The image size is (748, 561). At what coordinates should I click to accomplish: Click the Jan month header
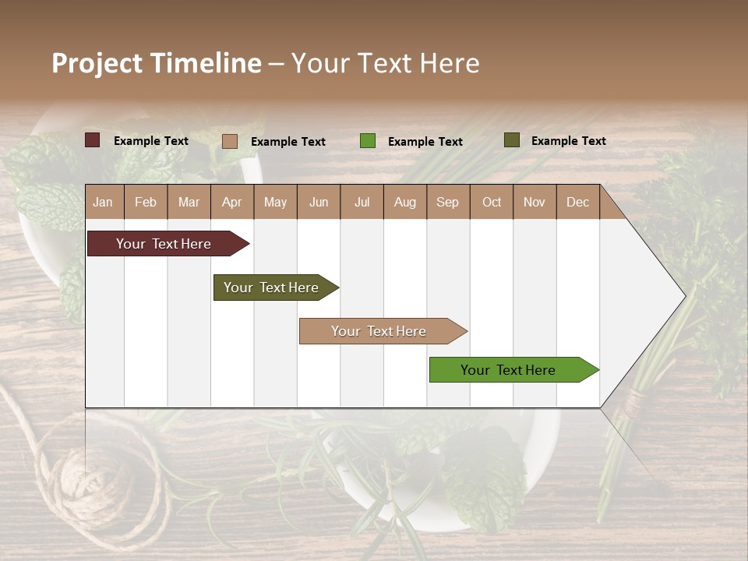coord(103,202)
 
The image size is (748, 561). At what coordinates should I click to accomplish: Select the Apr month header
coord(231,202)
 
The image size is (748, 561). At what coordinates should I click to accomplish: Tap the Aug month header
coord(404,202)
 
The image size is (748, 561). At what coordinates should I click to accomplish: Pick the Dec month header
coord(577,202)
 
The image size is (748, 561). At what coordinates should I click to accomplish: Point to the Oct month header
coord(492,202)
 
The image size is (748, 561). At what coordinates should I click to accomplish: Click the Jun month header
coord(319,202)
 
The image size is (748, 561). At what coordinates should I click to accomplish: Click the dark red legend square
coord(93,140)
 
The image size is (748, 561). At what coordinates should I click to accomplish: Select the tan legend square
coord(230,141)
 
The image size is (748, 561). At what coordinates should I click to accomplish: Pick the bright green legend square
coord(368,141)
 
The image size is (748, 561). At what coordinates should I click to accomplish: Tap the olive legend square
coord(511,140)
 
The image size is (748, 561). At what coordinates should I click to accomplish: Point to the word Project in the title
coord(97,63)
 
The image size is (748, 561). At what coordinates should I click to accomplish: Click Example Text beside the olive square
coord(568,141)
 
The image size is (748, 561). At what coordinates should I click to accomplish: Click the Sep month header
coord(447,202)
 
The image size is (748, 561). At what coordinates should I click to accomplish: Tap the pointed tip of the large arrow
coord(683,295)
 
